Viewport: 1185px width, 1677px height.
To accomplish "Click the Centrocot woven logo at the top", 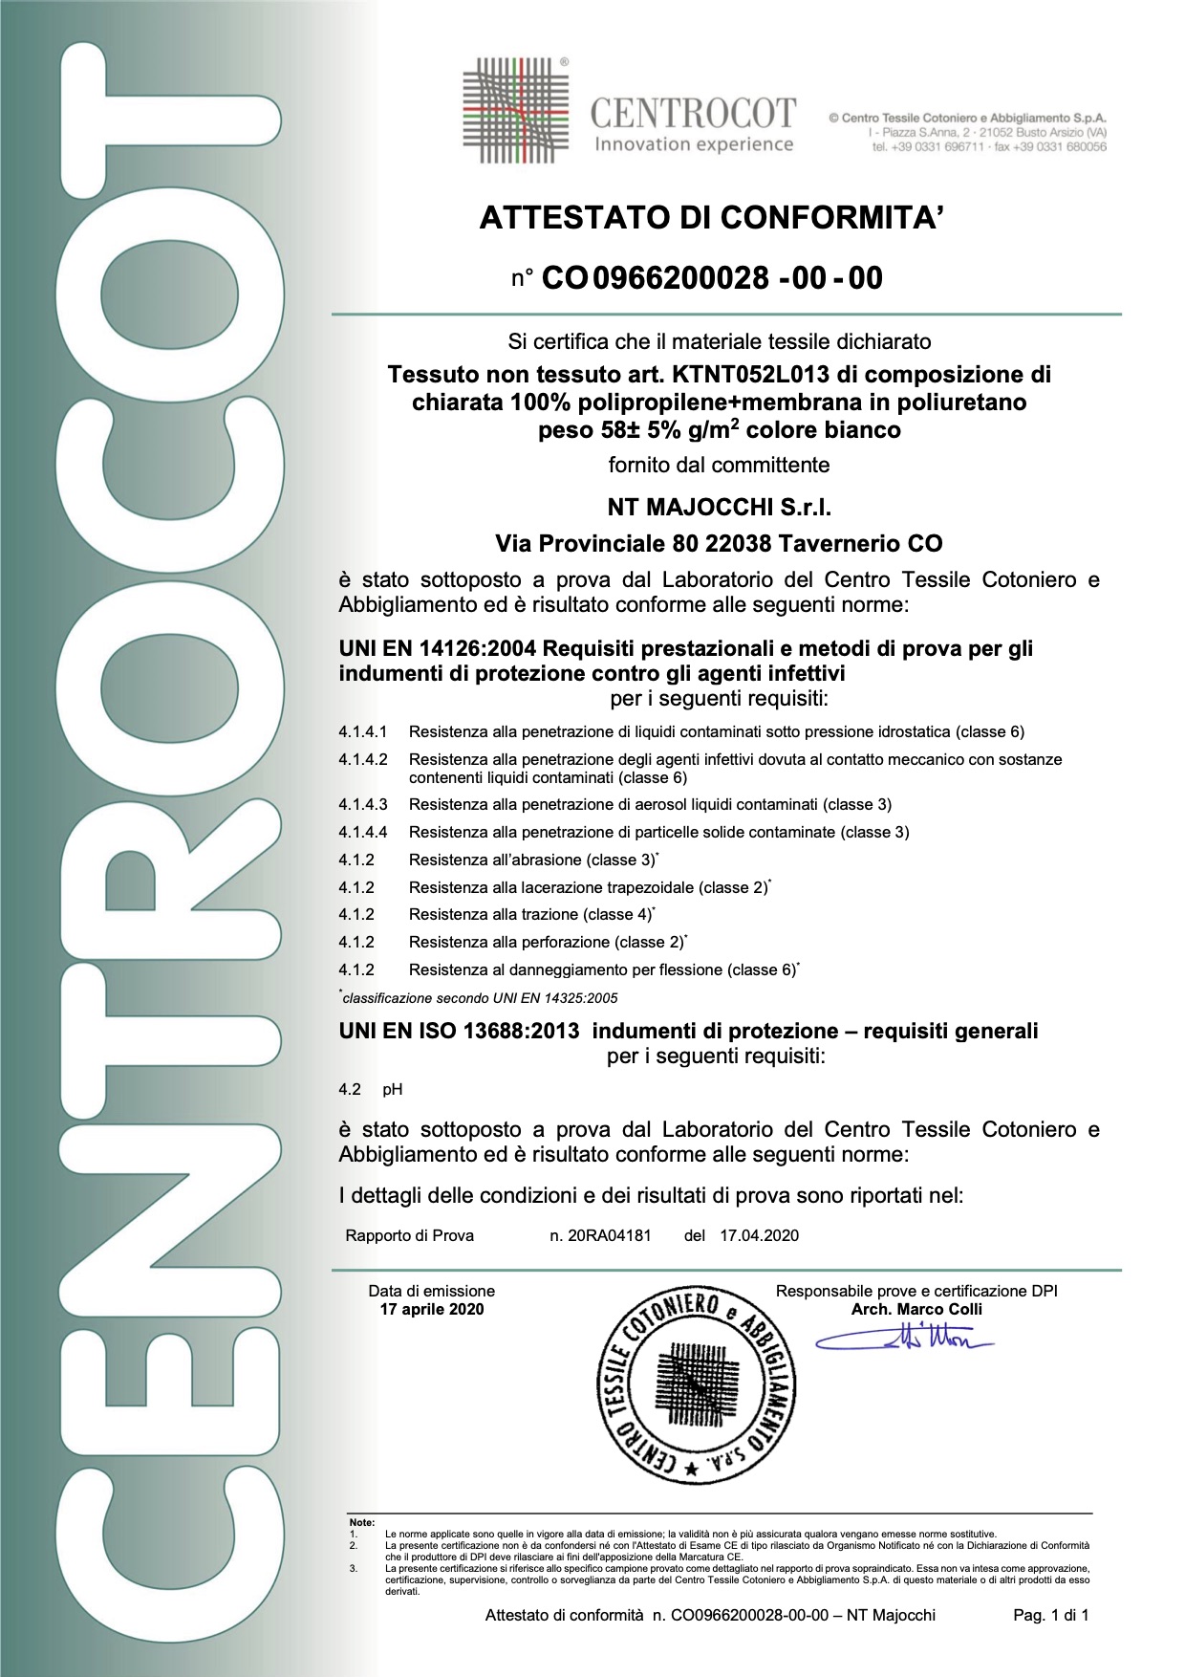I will point(515,110).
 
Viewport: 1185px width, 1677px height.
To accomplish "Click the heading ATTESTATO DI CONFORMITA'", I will point(711,218).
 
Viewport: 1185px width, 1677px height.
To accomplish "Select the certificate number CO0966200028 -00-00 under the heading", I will point(712,278).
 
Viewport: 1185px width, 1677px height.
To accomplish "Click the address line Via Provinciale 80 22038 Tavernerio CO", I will point(719,544).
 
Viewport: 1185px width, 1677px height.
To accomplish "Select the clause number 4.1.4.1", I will point(363,732).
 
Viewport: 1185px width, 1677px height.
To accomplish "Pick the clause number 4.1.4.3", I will point(363,805).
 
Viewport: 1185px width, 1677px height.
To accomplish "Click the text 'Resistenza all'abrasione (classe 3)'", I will point(532,860).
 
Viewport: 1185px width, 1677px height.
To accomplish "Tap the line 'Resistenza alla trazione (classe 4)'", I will point(530,915).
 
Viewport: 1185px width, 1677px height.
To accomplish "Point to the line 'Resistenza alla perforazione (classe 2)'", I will point(547,943).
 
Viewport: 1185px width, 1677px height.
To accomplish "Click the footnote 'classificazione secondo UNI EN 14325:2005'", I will point(480,998).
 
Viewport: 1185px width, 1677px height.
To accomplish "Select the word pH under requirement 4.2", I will point(393,1090).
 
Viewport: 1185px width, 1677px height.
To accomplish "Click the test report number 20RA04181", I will point(609,1236).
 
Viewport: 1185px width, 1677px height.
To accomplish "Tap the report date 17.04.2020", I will point(759,1236).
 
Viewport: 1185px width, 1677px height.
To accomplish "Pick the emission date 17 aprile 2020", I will point(432,1310).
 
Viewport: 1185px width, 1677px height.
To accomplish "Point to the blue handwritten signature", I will point(903,1338).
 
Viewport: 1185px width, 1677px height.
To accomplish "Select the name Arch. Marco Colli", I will point(916,1310).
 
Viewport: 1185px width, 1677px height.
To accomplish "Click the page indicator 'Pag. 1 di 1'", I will point(1050,1616).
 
